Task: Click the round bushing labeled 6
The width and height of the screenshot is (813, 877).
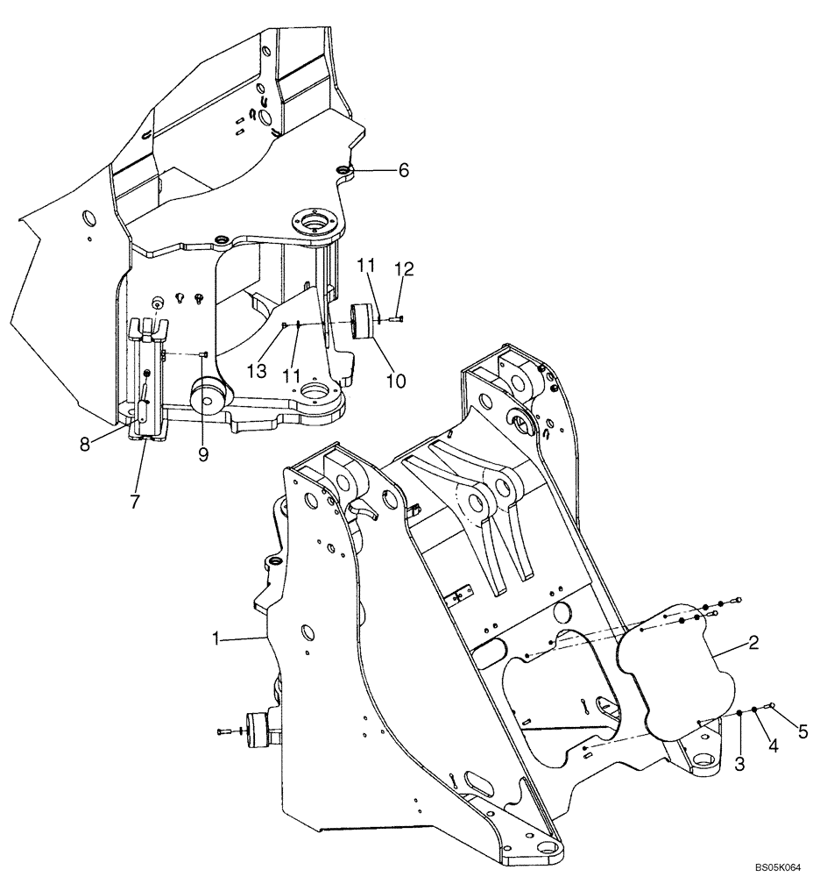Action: click(x=343, y=168)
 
